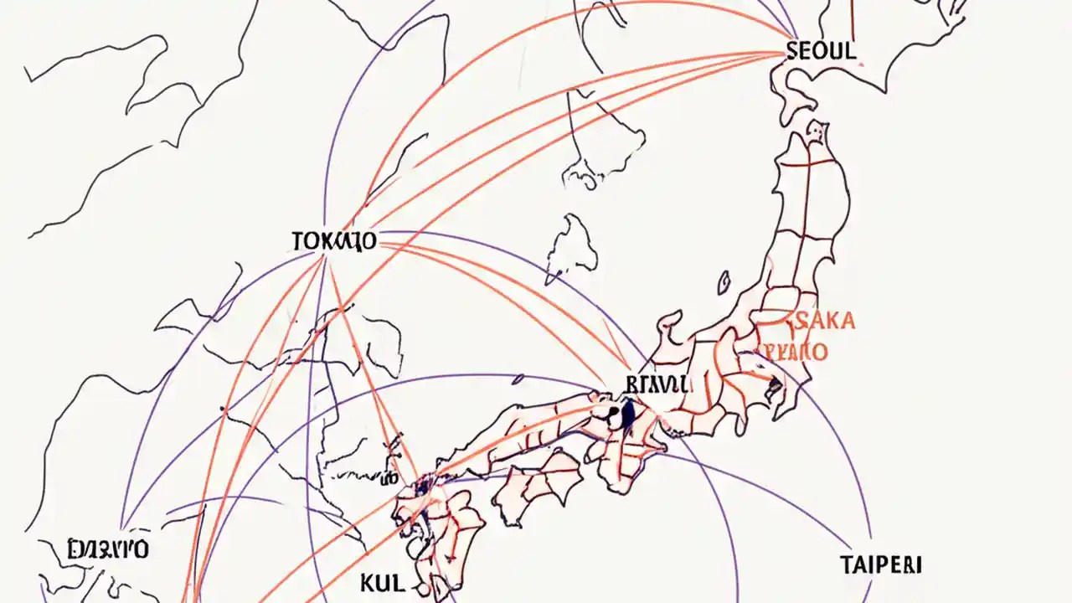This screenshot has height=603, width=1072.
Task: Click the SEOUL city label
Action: [x=822, y=50]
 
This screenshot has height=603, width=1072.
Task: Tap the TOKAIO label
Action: [x=334, y=241]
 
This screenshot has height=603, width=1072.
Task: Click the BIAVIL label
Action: [x=657, y=384]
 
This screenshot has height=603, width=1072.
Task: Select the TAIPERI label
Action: [x=880, y=564]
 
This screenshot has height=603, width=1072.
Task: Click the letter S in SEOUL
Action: [x=792, y=50]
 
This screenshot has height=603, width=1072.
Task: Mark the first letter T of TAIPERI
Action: [x=844, y=564]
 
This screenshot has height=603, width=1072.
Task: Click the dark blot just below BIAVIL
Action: [x=627, y=414]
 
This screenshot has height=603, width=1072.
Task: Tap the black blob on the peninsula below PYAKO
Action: [x=775, y=386]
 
